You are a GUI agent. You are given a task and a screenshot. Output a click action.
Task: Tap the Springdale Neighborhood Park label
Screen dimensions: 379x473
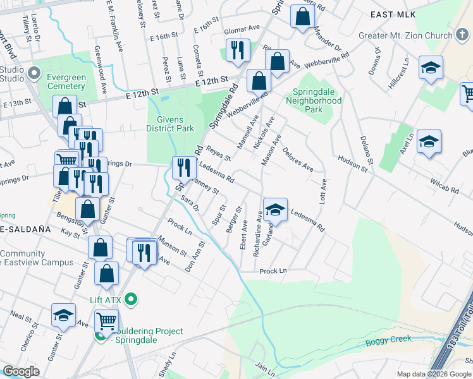[x=314, y=100]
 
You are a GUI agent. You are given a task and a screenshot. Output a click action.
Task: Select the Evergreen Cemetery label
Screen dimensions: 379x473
[x=66, y=81]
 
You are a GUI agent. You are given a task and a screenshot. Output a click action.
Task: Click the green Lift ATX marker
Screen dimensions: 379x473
[x=132, y=298]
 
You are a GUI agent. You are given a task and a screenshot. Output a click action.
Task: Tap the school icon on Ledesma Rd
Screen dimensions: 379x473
[x=275, y=210]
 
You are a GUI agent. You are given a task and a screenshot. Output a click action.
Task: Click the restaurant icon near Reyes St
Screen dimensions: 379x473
[x=184, y=167]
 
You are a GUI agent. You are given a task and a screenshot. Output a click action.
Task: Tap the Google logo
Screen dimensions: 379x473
[x=21, y=371]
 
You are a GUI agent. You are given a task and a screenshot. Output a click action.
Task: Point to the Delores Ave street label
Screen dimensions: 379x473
[x=298, y=159]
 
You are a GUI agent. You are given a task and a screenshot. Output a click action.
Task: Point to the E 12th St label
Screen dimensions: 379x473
[x=211, y=81]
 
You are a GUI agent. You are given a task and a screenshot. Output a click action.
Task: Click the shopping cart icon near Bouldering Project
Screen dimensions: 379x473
[x=106, y=322]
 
